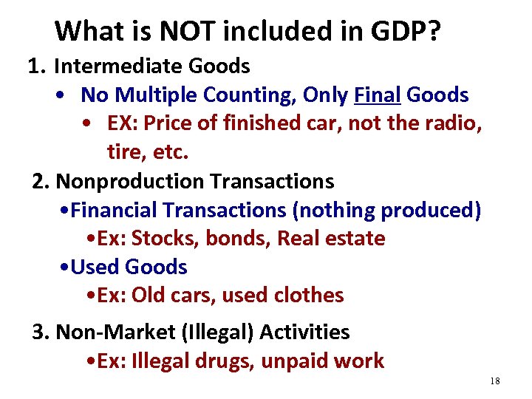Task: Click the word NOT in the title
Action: (182, 31)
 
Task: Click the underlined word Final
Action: (378, 95)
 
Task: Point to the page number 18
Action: (494, 381)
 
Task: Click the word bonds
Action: (233, 239)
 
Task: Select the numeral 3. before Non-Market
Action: (41, 332)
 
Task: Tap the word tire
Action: (123, 152)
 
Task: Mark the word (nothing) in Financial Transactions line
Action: (335, 210)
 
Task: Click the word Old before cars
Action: (148, 295)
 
